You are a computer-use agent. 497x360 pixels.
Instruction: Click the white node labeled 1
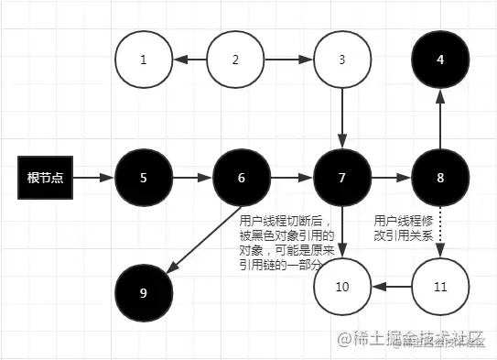(x=144, y=60)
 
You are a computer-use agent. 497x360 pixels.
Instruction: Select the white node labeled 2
(x=236, y=60)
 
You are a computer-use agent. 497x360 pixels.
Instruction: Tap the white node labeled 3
(x=341, y=60)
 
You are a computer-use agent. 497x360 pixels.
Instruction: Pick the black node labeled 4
(x=440, y=60)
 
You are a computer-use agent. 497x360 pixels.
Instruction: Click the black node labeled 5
(x=144, y=177)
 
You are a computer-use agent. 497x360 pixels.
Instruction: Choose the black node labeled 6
(x=242, y=177)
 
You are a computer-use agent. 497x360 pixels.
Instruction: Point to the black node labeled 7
(x=341, y=177)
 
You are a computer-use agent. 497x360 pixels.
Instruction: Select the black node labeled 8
(x=440, y=177)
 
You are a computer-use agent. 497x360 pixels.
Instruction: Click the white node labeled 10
(x=341, y=287)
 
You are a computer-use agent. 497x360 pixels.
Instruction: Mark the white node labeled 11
(x=440, y=287)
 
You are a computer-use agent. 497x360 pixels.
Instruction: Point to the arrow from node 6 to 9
(x=201, y=238)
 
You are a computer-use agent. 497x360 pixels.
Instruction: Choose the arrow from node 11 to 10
(x=391, y=287)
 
